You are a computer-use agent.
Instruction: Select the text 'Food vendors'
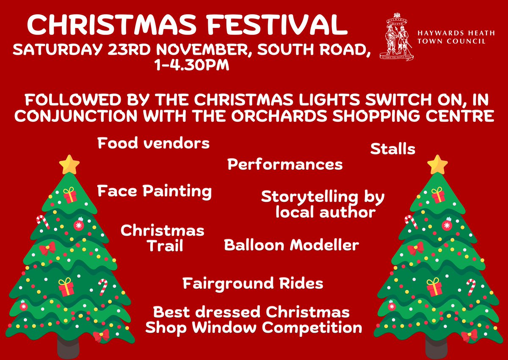pyautogui.click(x=153, y=143)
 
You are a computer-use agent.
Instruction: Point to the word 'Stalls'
pyautogui.click(x=392, y=149)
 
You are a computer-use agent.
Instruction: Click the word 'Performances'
pyautogui.click(x=285, y=164)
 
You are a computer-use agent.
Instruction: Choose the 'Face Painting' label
pyautogui.click(x=154, y=191)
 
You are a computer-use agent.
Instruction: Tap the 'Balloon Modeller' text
pyautogui.click(x=291, y=245)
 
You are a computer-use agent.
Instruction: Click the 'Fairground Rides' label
pyautogui.click(x=253, y=283)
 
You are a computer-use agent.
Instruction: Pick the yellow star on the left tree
pyautogui.click(x=69, y=165)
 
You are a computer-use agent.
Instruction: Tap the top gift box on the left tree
pyautogui.click(x=69, y=195)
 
